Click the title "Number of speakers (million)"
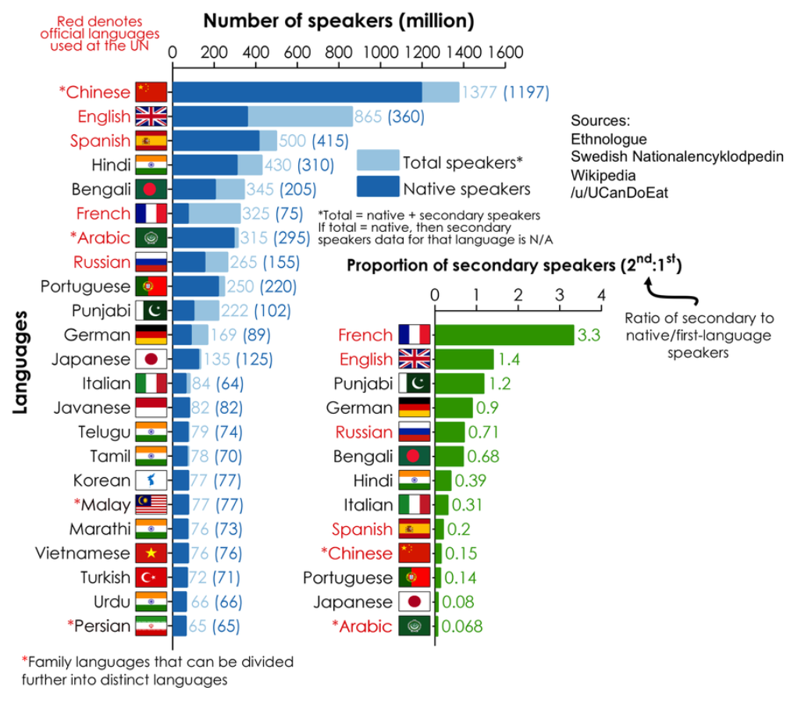(339, 20)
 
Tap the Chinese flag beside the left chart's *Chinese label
(151, 92)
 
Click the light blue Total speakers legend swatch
(378, 161)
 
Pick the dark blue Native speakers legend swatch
(378, 187)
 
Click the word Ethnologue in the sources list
(609, 139)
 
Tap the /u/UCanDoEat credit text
(620, 192)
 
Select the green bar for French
(504, 335)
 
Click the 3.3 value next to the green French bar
(587, 336)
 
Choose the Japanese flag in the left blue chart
(151, 359)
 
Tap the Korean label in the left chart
(101, 480)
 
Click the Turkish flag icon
(151, 578)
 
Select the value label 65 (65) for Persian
(214, 626)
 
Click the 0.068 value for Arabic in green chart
(462, 626)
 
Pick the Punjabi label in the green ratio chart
(362, 383)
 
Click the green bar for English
(465, 359)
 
